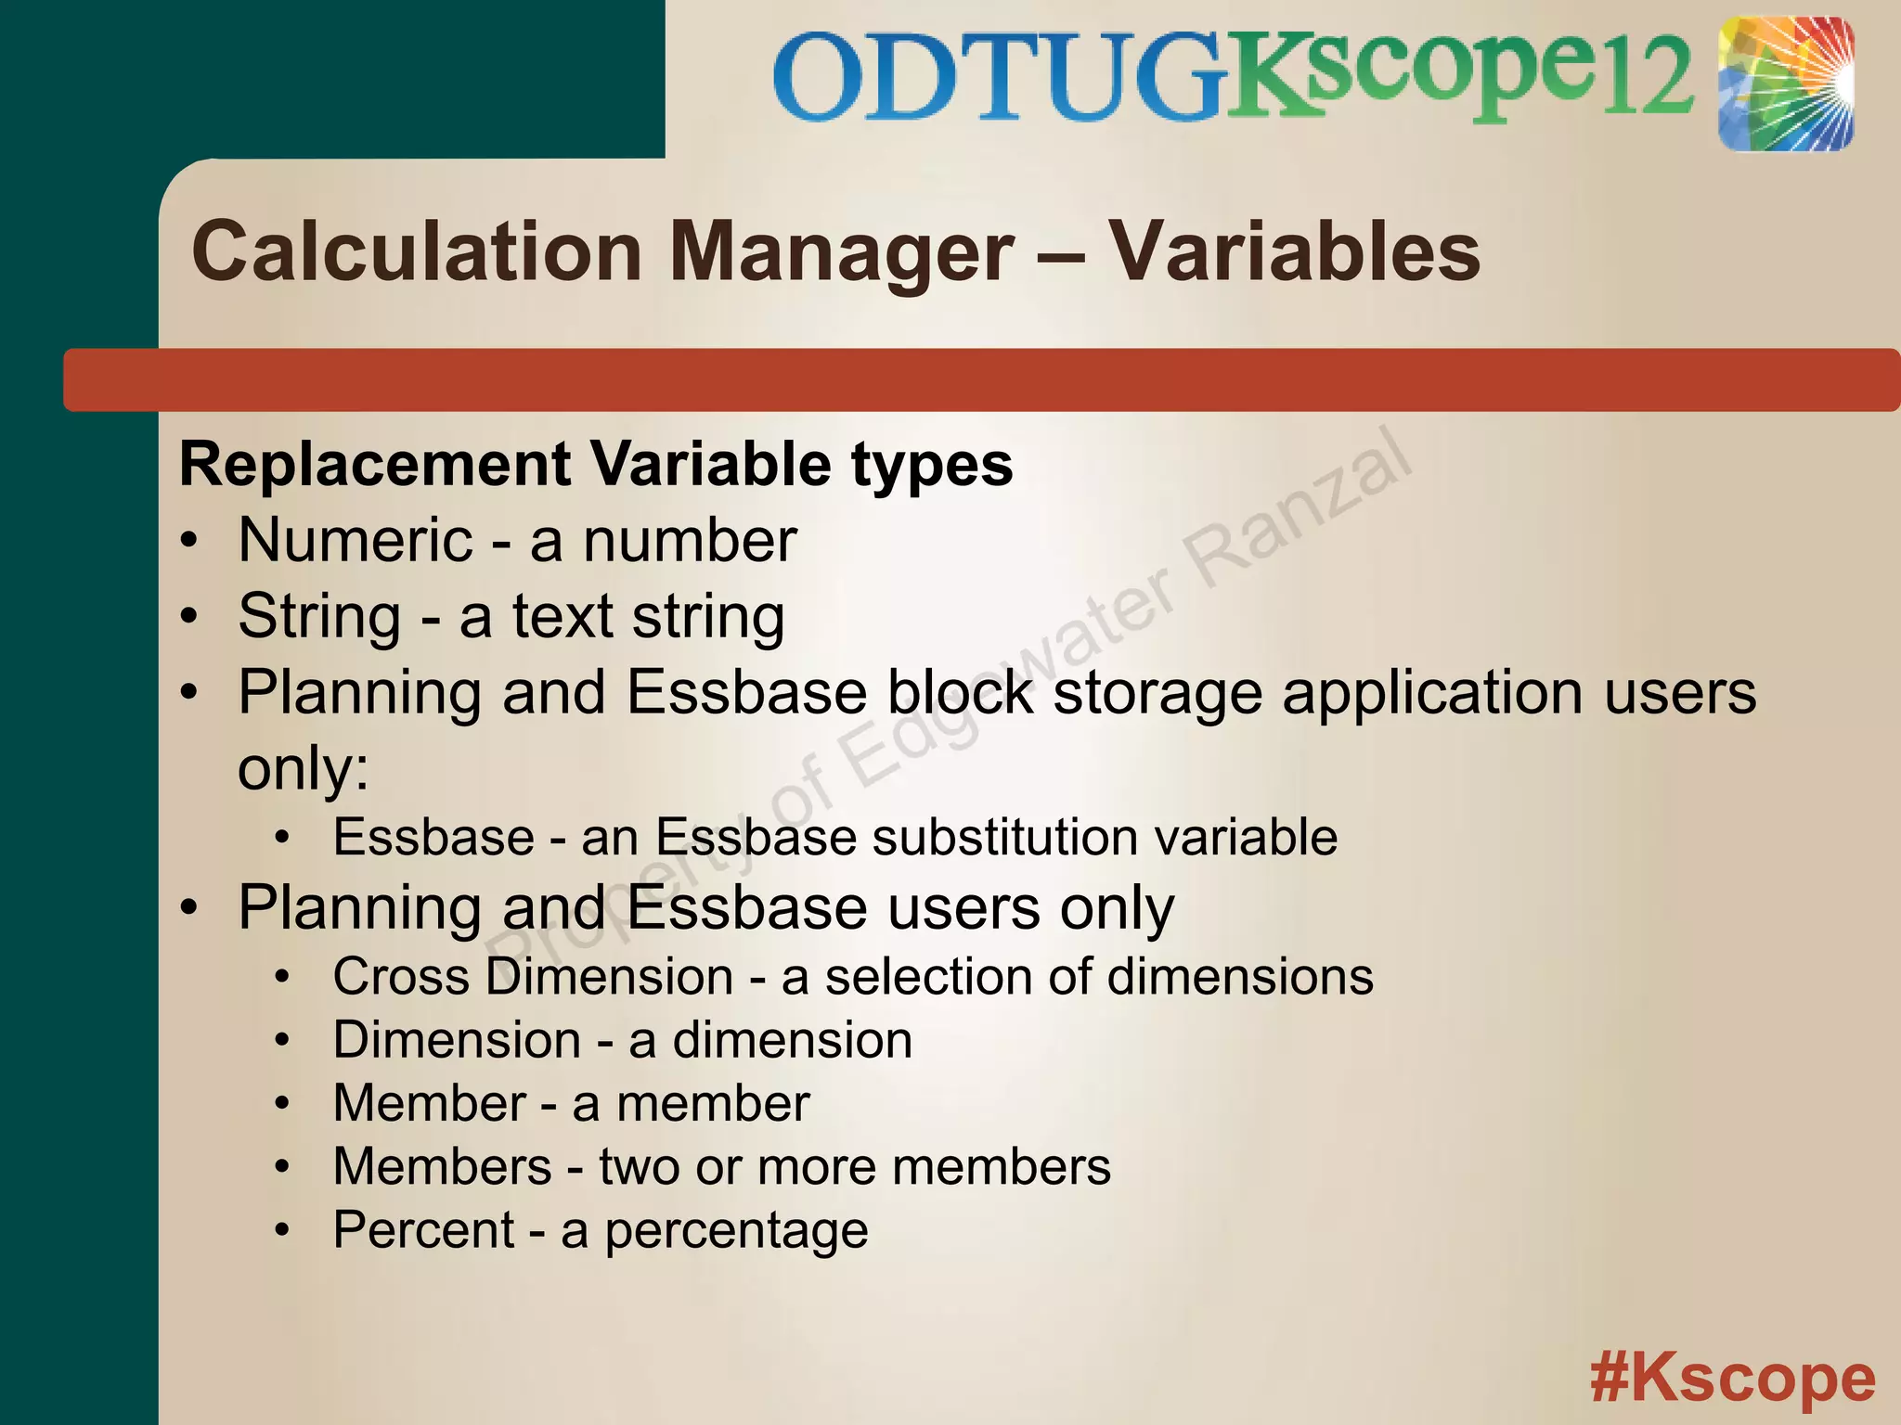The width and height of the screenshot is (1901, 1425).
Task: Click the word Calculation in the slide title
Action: click(417, 252)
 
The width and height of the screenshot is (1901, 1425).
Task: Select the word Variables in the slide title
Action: click(1296, 252)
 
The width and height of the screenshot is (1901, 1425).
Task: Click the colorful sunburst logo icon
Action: click(1785, 83)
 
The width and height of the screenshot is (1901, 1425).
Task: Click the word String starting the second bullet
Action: click(319, 617)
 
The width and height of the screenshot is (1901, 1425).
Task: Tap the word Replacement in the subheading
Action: click(375, 464)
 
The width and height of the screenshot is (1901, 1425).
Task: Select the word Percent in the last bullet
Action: click(423, 1230)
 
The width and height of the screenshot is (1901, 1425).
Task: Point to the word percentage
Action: click(736, 1232)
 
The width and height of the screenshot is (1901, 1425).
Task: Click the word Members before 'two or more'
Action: click(443, 1167)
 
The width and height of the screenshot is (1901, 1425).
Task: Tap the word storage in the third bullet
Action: click(1157, 694)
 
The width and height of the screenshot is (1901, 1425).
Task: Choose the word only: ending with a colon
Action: click(303, 769)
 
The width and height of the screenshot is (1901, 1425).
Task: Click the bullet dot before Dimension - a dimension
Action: click(283, 1041)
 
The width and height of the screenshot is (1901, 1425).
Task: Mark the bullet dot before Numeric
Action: click(189, 542)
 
